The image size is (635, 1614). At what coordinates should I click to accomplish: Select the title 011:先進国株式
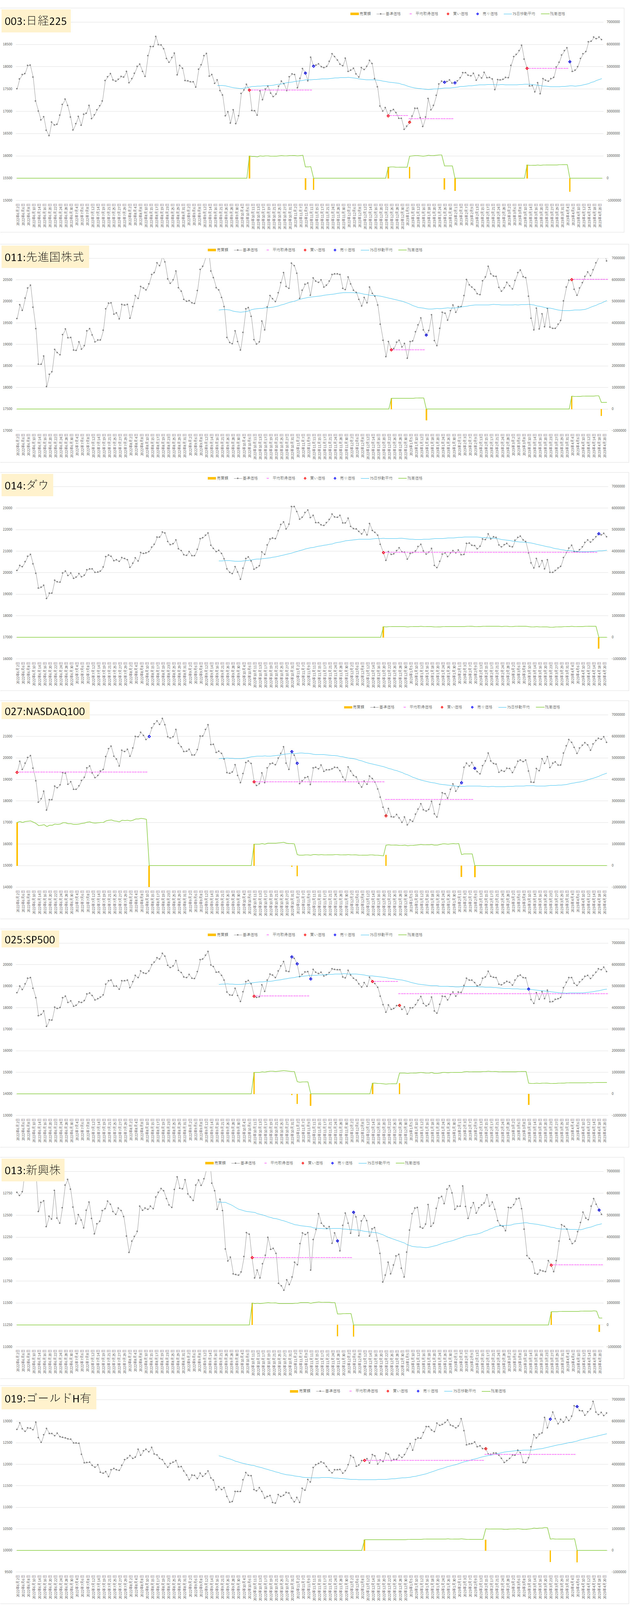tap(44, 257)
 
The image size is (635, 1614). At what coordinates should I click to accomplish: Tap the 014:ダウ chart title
tap(26, 485)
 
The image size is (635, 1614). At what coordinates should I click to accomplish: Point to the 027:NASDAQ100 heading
tap(44, 711)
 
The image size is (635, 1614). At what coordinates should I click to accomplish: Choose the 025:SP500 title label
tap(30, 939)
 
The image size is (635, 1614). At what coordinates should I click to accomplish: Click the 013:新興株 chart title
tap(32, 1170)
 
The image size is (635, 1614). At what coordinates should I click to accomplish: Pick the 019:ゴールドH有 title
tap(48, 1398)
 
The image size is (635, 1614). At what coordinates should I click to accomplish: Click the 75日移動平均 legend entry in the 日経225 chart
tap(524, 14)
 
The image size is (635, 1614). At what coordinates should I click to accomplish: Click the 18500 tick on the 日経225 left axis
tap(8, 44)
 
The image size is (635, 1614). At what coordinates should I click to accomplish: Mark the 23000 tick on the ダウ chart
tap(8, 508)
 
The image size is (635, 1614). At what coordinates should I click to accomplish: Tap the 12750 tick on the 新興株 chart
tap(8, 1193)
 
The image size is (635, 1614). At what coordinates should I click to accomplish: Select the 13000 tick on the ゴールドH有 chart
tap(8, 1421)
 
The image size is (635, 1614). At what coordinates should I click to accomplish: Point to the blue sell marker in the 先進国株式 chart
tap(427, 335)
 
